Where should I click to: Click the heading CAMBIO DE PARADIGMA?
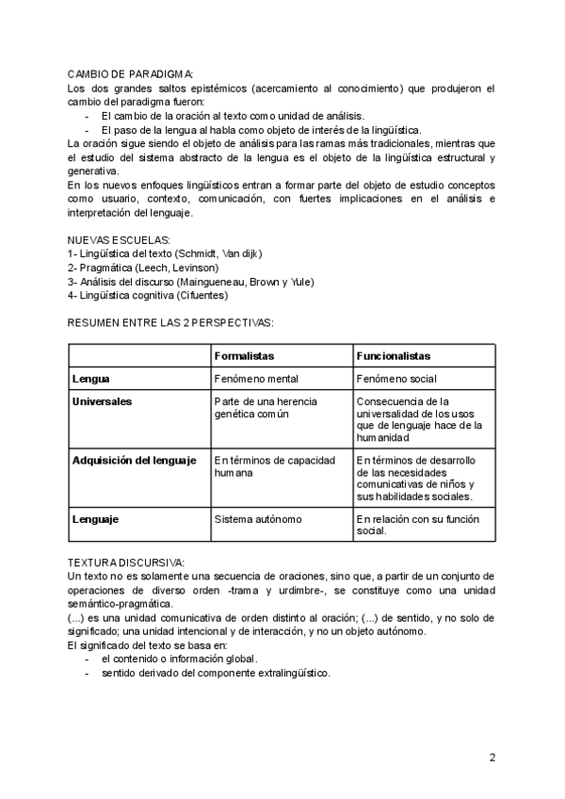pos(131,73)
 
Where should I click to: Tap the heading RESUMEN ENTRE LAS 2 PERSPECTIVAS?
pos(170,322)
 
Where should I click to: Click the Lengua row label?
pos(91,379)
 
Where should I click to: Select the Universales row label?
pos(102,401)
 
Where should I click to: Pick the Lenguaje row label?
pos(95,518)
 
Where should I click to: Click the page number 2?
pos(492,757)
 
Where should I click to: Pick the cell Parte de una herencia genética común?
pos(266,407)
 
